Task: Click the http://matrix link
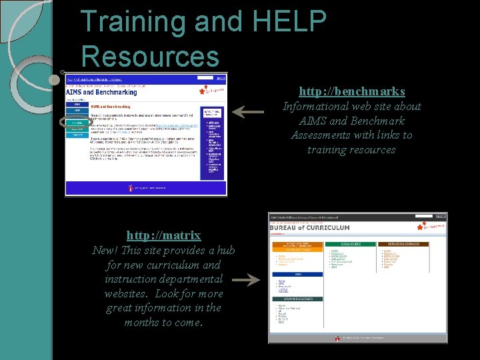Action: (x=164, y=235)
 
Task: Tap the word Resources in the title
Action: (x=150, y=56)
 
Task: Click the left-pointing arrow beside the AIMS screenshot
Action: (x=247, y=113)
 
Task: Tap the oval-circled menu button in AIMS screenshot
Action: (x=77, y=123)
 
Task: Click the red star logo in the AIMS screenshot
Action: (x=203, y=90)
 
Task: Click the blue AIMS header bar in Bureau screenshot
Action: (x=298, y=274)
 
